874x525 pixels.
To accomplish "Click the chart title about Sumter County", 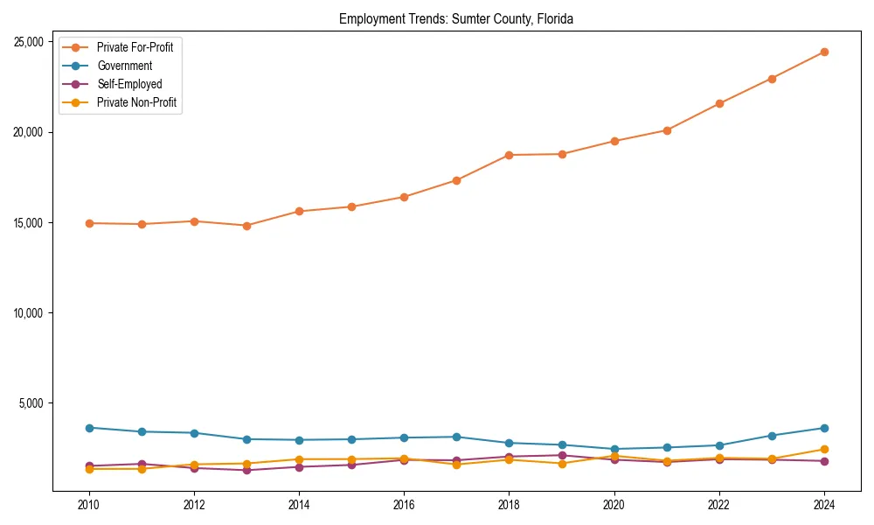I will [455, 18].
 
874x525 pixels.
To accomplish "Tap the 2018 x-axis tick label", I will [509, 505].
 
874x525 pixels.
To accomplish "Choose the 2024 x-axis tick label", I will [824, 505].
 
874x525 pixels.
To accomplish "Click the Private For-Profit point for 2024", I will [824, 52].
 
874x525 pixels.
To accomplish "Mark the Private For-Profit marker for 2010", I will [88, 223].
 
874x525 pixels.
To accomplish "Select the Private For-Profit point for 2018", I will [509, 155].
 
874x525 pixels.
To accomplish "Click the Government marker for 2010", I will [88, 428].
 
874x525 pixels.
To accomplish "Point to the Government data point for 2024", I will [824, 428].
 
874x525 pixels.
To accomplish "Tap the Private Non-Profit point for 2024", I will [824, 450].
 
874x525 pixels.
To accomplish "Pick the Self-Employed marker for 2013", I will [246, 471].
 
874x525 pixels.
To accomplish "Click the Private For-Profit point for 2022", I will [719, 103].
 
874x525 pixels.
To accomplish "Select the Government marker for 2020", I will [614, 449].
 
